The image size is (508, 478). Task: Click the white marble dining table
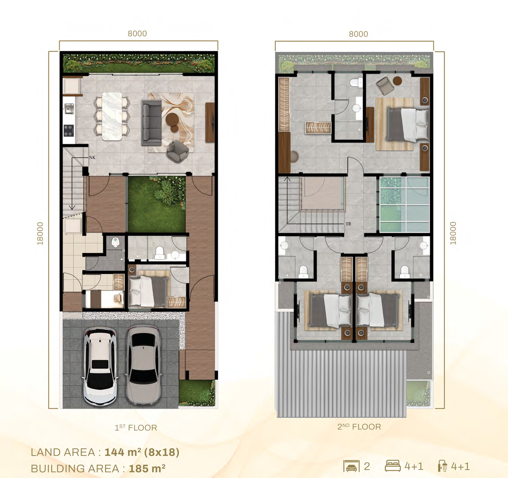pyautogui.click(x=112, y=116)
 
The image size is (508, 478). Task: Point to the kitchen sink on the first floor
pyautogui.click(x=69, y=108)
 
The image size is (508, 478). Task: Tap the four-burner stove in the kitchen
pyautogui.click(x=69, y=130)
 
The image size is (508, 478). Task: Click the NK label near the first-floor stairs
pyautogui.click(x=92, y=158)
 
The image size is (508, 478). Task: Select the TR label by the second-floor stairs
pyautogui.click(x=348, y=224)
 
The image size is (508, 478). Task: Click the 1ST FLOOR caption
pyautogui.click(x=136, y=428)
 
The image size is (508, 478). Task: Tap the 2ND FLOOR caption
pyautogui.click(x=359, y=427)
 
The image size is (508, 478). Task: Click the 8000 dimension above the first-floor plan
pyautogui.click(x=137, y=34)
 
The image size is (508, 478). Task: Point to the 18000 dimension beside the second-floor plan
pyautogui.click(x=453, y=233)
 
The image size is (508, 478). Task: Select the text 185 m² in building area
pyautogui.click(x=147, y=469)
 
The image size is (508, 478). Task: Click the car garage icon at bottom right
pyautogui.click(x=351, y=466)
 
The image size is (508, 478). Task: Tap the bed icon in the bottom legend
pyautogui.click(x=392, y=466)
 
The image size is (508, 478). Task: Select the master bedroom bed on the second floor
pyautogui.click(x=407, y=124)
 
